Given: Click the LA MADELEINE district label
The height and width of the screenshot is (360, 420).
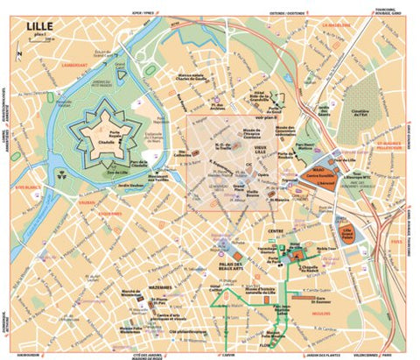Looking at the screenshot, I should pyautogui.click(x=336, y=25).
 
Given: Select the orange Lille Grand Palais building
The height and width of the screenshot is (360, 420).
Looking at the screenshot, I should pyautogui.click(x=352, y=232).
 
